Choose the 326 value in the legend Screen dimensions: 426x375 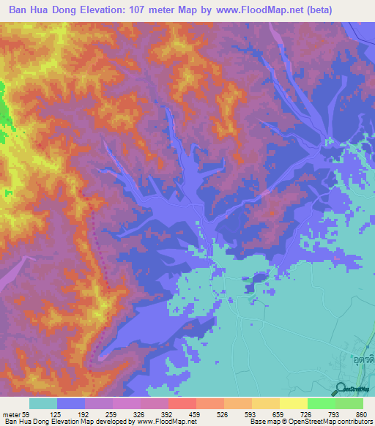coord(127,414)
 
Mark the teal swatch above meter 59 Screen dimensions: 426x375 coord(43,403)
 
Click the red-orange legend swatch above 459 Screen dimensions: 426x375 coord(182,403)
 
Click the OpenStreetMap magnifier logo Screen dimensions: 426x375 coord(342,389)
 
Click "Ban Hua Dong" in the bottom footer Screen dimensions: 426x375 coord(23,422)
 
